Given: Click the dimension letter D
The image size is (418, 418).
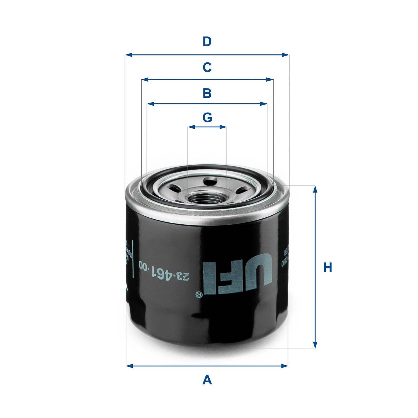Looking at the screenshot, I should [x=207, y=42].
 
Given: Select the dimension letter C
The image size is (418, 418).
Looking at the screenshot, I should [x=207, y=67].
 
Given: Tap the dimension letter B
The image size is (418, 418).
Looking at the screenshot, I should [x=207, y=93].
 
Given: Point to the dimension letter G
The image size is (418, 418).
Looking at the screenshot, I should [x=207, y=118].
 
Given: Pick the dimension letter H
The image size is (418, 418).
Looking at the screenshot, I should [x=327, y=268].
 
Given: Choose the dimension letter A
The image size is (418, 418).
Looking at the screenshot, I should [x=207, y=380].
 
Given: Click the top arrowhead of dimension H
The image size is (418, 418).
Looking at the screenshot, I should [x=315, y=189].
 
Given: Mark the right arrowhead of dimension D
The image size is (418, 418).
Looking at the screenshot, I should [x=286, y=55].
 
